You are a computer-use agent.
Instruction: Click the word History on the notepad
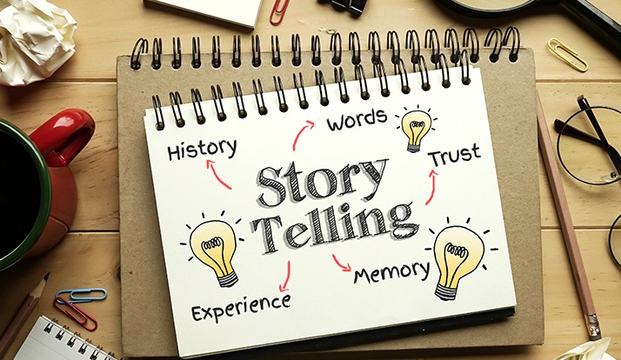(x=202, y=149)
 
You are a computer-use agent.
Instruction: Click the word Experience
(x=240, y=303)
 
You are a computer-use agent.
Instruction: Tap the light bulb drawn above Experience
(x=214, y=248)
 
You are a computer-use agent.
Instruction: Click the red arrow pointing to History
(x=219, y=175)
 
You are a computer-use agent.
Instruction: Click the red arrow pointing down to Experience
(x=283, y=277)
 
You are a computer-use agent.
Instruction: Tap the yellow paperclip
(x=567, y=55)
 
